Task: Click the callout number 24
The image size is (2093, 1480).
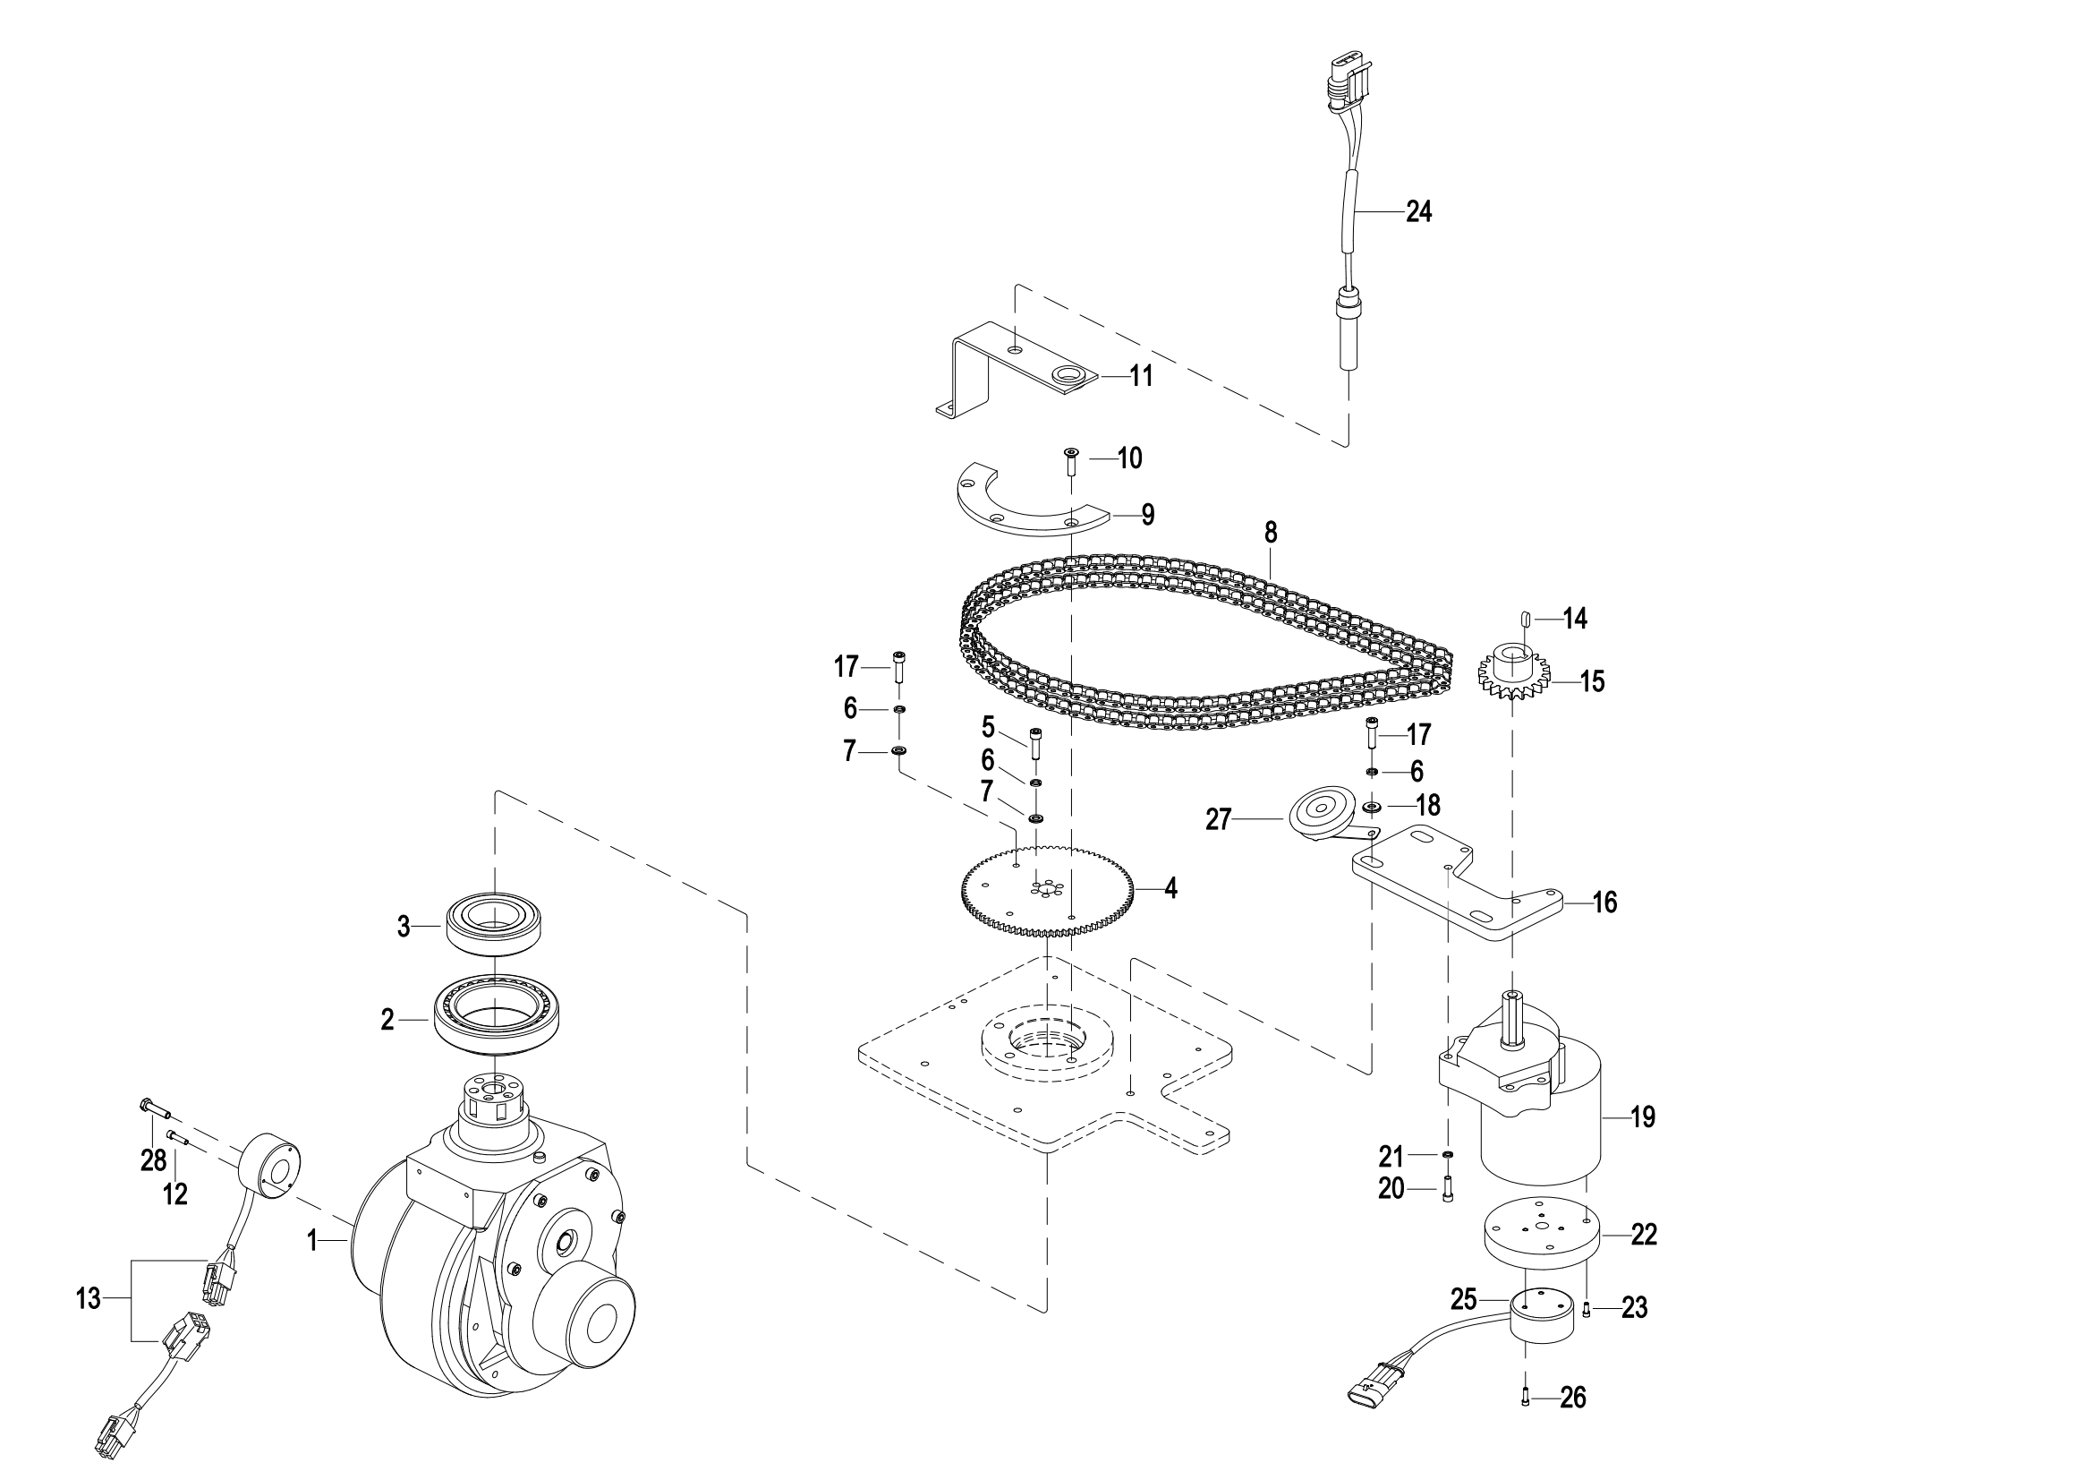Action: (x=1418, y=211)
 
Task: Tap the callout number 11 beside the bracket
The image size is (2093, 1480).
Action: (x=1141, y=376)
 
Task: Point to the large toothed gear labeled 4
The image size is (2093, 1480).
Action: (x=1049, y=889)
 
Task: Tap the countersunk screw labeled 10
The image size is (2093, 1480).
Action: (x=1071, y=461)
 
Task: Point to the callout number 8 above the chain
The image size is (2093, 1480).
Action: (x=1271, y=532)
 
